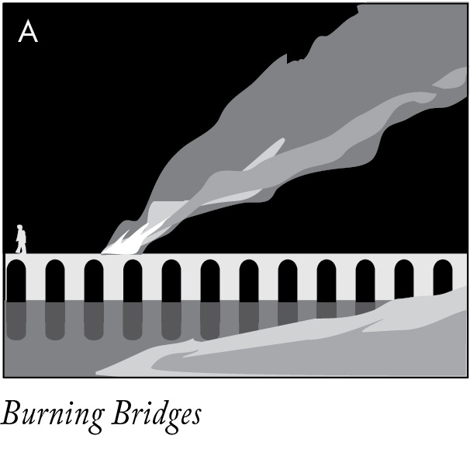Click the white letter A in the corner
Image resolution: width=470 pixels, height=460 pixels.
click(28, 32)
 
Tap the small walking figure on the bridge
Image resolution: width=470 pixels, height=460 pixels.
click(21, 239)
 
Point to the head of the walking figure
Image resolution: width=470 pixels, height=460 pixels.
click(20, 228)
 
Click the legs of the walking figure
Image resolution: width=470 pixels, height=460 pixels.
click(21, 248)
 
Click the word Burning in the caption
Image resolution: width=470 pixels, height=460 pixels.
click(50, 416)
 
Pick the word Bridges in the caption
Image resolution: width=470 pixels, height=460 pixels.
click(155, 416)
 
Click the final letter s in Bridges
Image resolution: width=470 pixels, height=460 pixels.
click(194, 417)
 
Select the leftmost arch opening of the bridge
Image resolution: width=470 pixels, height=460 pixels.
click(16, 281)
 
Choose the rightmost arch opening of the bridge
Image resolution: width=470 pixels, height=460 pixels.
click(443, 277)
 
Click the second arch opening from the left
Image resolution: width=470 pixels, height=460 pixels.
click(55, 281)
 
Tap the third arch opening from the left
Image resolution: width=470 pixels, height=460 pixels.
click(94, 281)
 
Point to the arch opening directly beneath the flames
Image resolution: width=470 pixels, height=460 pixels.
click(133, 281)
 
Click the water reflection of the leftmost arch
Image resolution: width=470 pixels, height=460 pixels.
click(16, 320)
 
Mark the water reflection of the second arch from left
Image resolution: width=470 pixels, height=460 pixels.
click(55, 320)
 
